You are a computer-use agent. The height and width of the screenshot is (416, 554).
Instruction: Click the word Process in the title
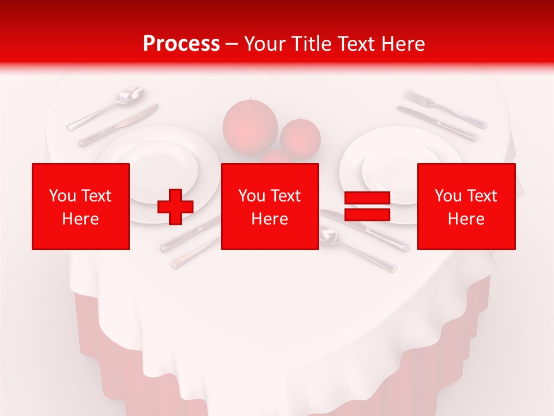(x=181, y=43)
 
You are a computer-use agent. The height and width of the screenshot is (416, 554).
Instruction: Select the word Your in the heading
(x=263, y=43)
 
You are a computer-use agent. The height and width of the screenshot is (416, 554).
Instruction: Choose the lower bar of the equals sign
(x=367, y=215)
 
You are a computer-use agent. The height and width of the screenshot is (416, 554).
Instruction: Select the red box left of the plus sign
(x=81, y=206)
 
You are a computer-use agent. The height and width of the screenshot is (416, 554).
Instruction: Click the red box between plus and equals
(x=269, y=206)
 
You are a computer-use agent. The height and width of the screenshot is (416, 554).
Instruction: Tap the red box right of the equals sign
(x=466, y=206)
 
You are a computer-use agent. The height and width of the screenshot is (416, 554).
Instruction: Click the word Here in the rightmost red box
(x=466, y=219)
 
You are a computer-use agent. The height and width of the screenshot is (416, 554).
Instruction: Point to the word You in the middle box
(x=252, y=196)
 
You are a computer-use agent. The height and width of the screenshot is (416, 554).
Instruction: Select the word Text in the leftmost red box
(x=97, y=196)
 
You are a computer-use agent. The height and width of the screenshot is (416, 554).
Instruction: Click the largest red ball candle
(x=250, y=125)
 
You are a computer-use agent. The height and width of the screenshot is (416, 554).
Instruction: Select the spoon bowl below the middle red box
(x=328, y=236)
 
